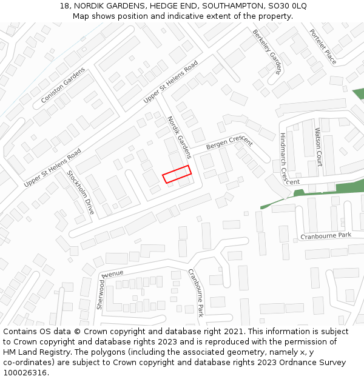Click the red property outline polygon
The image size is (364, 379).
pyautogui.click(x=177, y=174)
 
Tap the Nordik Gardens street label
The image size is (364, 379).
pyautogui.click(x=179, y=138)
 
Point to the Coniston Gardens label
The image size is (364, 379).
pyautogui.click(x=63, y=85)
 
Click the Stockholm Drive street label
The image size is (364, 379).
pyautogui.click(x=81, y=192)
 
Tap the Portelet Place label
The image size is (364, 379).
pyautogui.click(x=323, y=47)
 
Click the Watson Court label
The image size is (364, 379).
pyautogui.click(x=318, y=147)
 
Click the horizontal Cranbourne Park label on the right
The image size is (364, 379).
pyautogui.click(x=326, y=235)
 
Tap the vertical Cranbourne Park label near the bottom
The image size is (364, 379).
pyautogui.click(x=195, y=292)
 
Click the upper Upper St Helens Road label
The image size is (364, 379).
pyautogui.click(x=171, y=81)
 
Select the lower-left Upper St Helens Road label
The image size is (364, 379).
pyautogui.click(x=52, y=168)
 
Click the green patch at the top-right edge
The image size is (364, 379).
pyautogui.click(x=359, y=94)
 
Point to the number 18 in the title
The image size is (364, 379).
pyautogui.click(x=64, y=6)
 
